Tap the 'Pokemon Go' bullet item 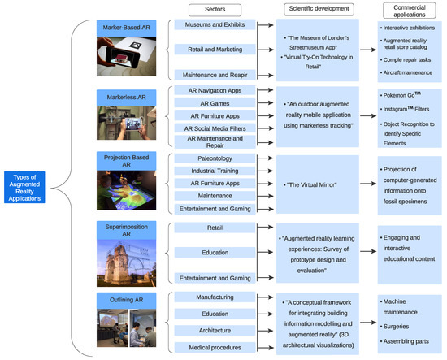point(400,95)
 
